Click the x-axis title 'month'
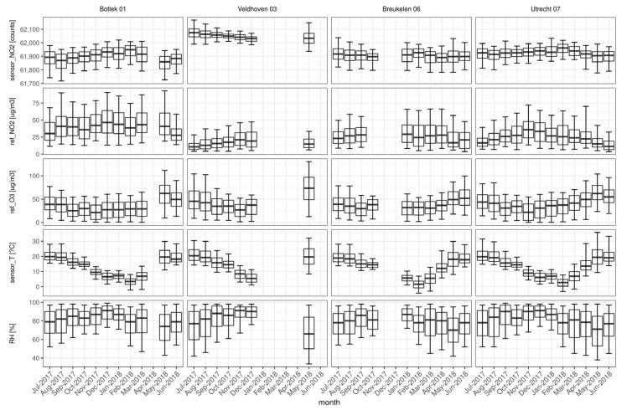pyautogui.click(x=329, y=402)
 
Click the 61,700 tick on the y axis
pyautogui.click(x=26, y=83)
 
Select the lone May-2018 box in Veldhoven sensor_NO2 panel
pyautogui.click(x=308, y=38)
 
